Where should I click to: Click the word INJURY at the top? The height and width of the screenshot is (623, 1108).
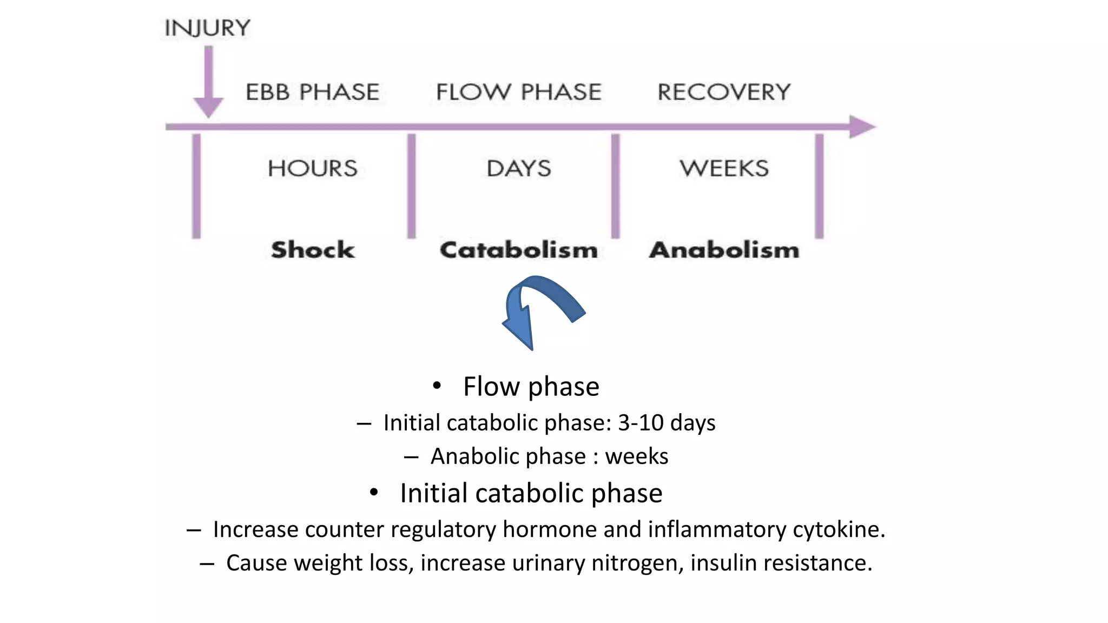[208, 28]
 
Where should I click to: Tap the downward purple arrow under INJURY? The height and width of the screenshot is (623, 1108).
[208, 81]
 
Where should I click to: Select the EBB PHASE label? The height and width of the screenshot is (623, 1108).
[312, 92]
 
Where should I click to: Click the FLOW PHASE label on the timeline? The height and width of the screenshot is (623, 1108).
[519, 92]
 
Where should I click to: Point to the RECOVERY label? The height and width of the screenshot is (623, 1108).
[724, 92]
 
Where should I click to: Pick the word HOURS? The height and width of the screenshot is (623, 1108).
[313, 169]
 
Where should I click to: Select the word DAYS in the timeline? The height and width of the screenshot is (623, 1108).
[519, 169]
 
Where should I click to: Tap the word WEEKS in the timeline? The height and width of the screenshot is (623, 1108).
[724, 169]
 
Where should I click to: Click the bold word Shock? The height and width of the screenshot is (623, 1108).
[313, 250]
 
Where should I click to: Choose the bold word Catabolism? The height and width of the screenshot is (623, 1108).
[519, 250]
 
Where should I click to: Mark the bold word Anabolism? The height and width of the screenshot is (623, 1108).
[724, 250]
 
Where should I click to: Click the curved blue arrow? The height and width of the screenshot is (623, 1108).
[541, 308]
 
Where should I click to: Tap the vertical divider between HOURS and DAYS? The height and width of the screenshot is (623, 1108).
[412, 186]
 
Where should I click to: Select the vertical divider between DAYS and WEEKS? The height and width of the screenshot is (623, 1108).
[616, 186]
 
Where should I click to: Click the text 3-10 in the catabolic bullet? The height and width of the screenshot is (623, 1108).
[641, 423]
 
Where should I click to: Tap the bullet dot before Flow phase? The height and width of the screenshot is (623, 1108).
[437, 386]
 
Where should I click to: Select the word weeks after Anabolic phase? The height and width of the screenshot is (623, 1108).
[636, 456]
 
